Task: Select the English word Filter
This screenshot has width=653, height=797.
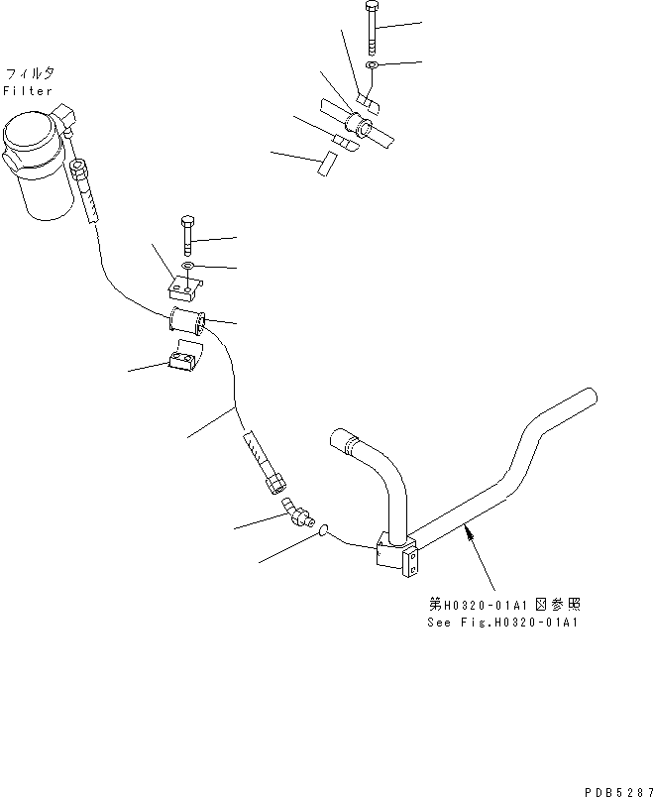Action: coord(29,91)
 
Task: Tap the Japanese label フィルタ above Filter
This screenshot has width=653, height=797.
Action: coord(30,74)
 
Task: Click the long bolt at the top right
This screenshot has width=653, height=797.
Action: coord(370,31)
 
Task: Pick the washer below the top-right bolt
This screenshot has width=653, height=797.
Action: coord(371,65)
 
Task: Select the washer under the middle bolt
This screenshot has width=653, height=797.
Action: coord(188,267)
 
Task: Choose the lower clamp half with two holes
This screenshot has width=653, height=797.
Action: coord(183,358)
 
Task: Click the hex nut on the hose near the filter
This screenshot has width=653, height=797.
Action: coord(83,178)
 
